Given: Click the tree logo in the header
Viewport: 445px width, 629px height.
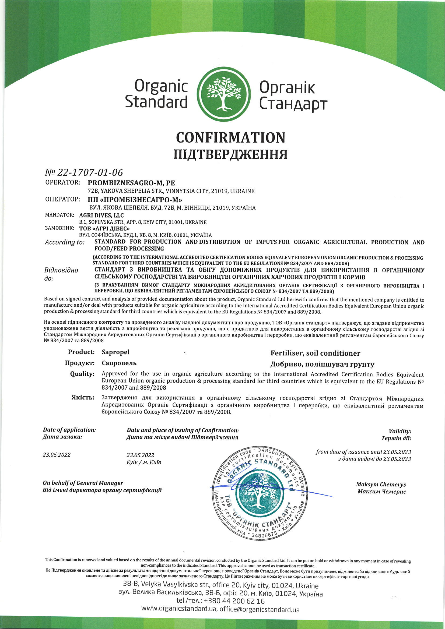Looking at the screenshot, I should pyautogui.click(x=224, y=94).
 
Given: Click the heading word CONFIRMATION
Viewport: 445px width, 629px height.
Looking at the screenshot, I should pyautogui.click(x=231, y=137).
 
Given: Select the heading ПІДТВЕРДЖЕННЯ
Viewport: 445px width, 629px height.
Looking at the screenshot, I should pyautogui.click(x=231, y=154).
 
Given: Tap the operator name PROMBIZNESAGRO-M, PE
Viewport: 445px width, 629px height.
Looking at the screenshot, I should pyautogui.click(x=131, y=183).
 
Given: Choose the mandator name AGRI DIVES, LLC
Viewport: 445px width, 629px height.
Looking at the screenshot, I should pyautogui.click(x=101, y=215).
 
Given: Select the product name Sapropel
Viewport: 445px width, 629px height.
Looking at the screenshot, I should pyautogui.click(x=115, y=352).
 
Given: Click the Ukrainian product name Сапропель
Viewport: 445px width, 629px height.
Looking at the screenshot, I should pyautogui.click(x=119, y=363).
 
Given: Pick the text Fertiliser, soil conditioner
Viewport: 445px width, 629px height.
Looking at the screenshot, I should pyautogui.click(x=315, y=354).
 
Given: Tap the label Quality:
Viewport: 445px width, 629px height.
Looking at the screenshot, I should pyautogui.click(x=82, y=374).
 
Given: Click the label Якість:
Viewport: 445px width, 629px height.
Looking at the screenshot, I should pyautogui.click(x=83, y=398).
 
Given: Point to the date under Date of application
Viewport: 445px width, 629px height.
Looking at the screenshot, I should pyautogui.click(x=57, y=455).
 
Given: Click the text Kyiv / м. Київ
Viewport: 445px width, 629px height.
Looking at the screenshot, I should pyautogui.click(x=144, y=462).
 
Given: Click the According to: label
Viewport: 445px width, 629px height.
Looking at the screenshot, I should pyautogui.click(x=65, y=242).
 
